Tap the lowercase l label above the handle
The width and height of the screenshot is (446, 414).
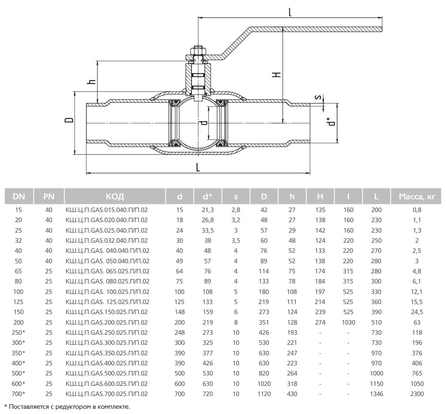290,12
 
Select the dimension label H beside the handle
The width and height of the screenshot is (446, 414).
277,75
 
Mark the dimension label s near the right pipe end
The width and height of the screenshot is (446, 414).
318,97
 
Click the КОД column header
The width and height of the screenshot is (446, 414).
115,196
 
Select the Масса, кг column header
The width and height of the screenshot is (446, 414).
417,196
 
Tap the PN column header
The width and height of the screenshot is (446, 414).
49,196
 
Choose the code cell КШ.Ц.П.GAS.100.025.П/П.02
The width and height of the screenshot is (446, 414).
107,292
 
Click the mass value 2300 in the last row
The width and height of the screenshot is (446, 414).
417,394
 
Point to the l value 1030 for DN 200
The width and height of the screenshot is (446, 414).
348,322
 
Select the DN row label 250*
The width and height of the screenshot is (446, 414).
18,332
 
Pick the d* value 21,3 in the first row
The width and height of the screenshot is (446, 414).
208,210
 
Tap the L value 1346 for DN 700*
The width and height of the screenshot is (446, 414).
376,394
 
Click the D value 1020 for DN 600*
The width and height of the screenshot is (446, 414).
264,384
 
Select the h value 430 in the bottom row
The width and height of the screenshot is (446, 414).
292,394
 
